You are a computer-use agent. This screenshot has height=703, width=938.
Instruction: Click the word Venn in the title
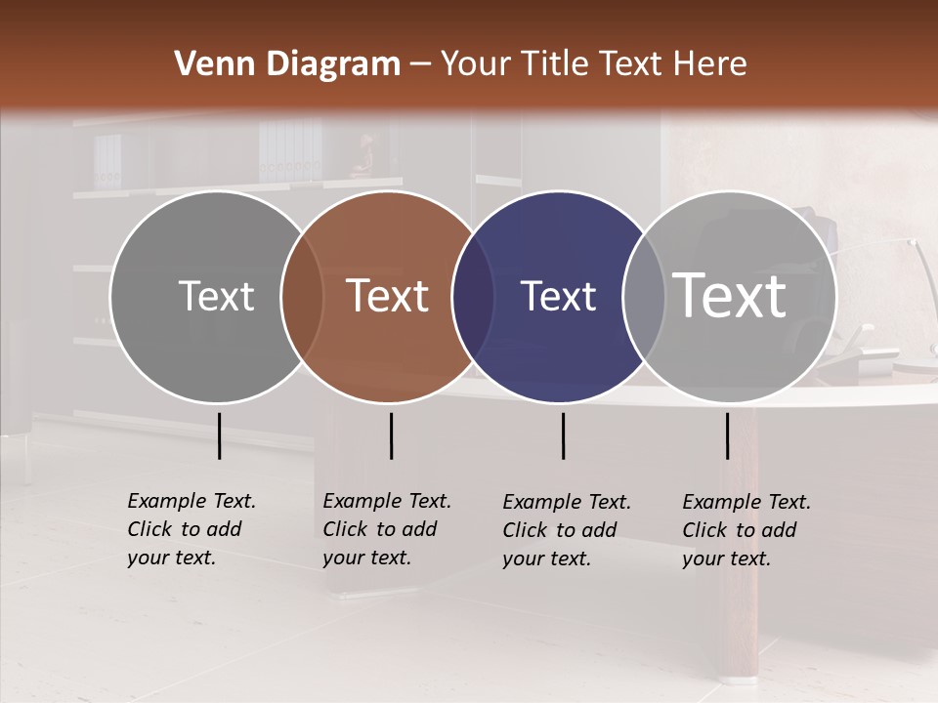tap(207, 64)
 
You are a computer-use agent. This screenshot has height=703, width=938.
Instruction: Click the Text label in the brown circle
tap(388, 296)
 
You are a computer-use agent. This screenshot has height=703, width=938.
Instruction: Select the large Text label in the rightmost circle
tap(730, 295)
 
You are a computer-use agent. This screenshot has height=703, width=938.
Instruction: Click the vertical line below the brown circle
tap(391, 435)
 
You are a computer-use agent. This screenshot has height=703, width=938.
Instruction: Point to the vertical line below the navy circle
tap(563, 435)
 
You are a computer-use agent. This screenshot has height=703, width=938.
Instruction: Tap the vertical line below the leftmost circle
tap(219, 435)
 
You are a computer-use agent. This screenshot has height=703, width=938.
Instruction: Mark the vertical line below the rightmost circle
tap(727, 435)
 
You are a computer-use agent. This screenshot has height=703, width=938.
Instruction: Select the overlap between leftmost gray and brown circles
tap(302, 297)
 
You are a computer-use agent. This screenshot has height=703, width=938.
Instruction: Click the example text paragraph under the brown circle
tap(386, 529)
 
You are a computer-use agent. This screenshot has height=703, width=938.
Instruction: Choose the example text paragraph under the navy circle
tap(566, 530)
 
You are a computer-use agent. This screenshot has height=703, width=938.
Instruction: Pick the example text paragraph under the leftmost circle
tap(191, 529)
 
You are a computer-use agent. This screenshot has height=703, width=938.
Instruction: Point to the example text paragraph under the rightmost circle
tap(746, 530)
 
